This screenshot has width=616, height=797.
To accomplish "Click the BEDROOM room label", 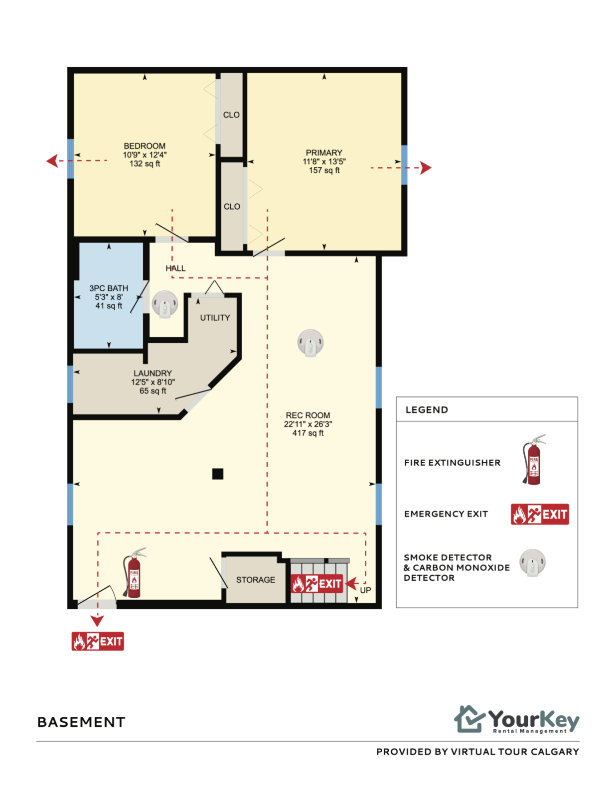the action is pos(145,146).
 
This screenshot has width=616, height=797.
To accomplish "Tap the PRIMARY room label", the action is pos(324,152).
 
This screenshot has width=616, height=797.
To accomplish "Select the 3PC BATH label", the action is pos(109,288).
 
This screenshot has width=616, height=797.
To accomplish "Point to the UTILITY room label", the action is pos(215,318).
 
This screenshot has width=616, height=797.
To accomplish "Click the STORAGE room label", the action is pos(255,579).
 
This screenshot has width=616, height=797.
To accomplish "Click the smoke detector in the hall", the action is pos(165,304).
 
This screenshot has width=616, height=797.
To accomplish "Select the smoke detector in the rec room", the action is pos(310,343).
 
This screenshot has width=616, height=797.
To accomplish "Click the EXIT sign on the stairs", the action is pos(317,583).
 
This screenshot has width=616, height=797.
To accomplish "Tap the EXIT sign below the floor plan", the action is pos(98,641).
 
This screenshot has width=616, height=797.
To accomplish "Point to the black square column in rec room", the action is pos(218,474).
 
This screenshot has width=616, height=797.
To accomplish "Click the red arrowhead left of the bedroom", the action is pos(52,161).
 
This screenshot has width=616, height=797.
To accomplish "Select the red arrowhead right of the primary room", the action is pos(426,167).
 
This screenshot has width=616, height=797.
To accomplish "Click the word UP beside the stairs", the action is pos(365,590).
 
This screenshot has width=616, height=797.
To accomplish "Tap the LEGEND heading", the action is pos(427,409).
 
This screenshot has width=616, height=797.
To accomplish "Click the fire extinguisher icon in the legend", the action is pos(534,460).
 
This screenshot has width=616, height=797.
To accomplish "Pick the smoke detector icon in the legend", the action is pos(532,562).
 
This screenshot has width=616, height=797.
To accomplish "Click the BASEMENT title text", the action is pos(81,722).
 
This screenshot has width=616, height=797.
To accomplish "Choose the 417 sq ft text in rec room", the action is pos(308,433).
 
